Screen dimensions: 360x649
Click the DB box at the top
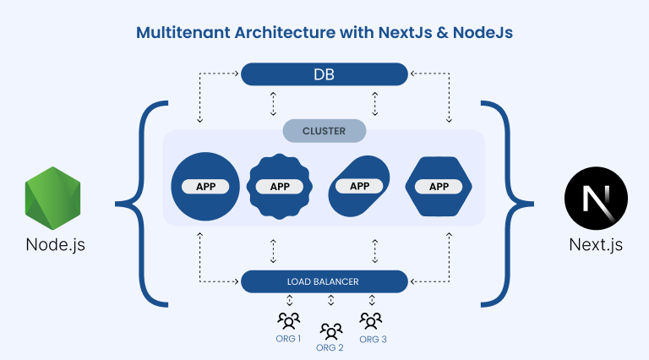click(x=324, y=74)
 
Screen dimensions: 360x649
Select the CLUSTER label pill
click(x=324, y=131)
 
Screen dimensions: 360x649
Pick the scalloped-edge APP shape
click(x=280, y=186)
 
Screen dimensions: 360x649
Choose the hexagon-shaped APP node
click(x=439, y=186)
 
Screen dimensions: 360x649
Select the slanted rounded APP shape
click(x=359, y=186)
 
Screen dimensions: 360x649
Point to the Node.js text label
click(x=55, y=246)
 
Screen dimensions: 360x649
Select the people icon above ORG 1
click(x=288, y=320)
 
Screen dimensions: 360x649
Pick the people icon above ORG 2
click(x=330, y=330)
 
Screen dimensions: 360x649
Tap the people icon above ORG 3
click(x=370, y=320)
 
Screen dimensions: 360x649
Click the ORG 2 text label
click(x=330, y=347)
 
